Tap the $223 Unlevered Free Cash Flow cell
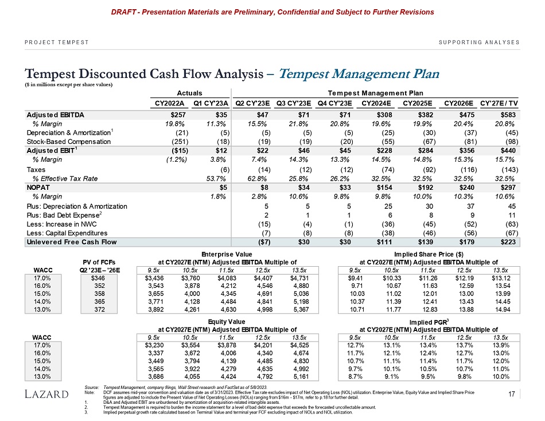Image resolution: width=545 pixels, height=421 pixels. click(x=509, y=243)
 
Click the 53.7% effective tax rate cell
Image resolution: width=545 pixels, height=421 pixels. click(x=219, y=178)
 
